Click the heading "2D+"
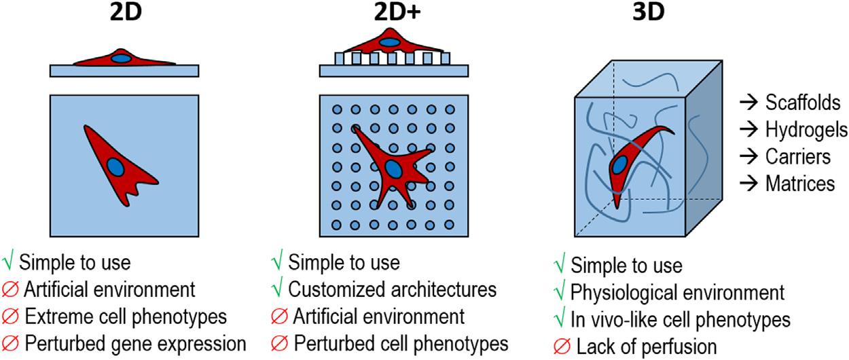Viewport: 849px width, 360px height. tap(395, 14)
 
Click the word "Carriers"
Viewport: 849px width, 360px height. tap(797, 156)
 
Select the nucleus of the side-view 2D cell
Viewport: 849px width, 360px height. tap(122, 58)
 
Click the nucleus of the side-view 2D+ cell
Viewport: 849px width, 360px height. tap(390, 43)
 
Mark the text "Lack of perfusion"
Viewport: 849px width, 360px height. tap(646, 346)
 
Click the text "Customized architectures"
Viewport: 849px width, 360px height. tap(393, 289)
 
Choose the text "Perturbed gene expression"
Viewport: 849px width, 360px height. tap(134, 343)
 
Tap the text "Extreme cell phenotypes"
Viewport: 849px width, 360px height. tap(125, 316)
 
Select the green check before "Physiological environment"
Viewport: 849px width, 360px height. tap(560, 292)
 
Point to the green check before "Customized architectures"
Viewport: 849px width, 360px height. tap(277, 289)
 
